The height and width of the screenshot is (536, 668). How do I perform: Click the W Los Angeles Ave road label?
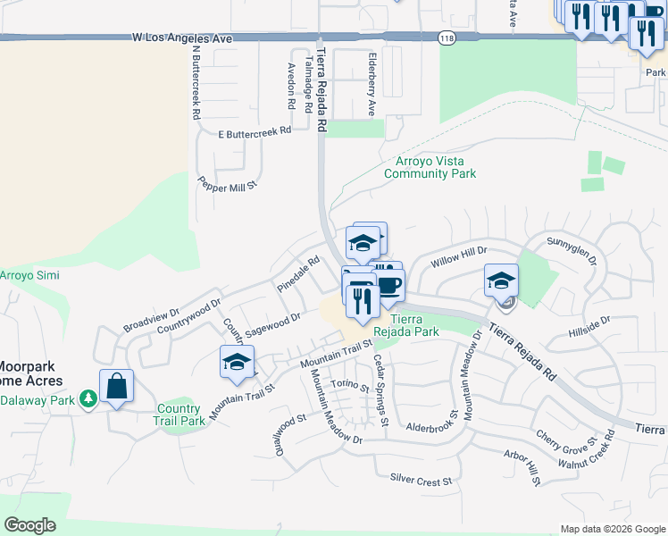click(x=181, y=38)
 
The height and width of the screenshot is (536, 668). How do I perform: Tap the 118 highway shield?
click(x=447, y=38)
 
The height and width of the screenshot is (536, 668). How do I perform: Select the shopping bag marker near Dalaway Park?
click(x=116, y=387)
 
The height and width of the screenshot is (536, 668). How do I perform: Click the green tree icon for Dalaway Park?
click(x=88, y=398)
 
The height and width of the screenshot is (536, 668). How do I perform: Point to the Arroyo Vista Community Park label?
click(x=430, y=168)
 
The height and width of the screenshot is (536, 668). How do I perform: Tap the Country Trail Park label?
click(x=179, y=415)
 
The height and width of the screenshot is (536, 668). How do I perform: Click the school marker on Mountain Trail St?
click(x=237, y=362)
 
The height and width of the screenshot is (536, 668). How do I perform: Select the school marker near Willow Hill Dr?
click(x=501, y=280)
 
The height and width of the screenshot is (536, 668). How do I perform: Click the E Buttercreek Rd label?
click(x=255, y=130)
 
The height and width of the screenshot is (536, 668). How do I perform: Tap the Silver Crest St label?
click(x=421, y=481)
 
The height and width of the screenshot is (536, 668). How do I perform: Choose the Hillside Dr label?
click(x=589, y=328)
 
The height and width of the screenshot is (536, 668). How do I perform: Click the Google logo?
click(x=29, y=525)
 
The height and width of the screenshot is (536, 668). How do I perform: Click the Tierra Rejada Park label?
click(x=414, y=325)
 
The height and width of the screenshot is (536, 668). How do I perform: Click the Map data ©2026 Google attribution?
click(x=612, y=529)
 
